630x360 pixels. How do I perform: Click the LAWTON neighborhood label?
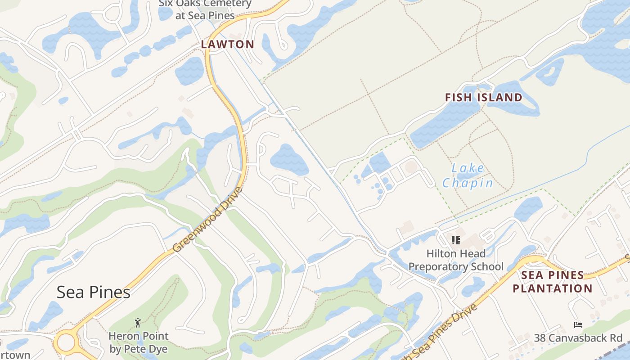(x=227, y=44)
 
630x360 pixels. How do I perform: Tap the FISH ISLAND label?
(x=483, y=97)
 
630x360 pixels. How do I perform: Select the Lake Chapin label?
(x=468, y=176)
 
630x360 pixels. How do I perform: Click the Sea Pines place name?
(x=93, y=292)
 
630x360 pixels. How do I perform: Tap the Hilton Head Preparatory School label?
(x=456, y=260)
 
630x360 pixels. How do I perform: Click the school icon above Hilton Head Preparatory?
(x=455, y=240)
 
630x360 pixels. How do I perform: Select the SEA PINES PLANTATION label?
(x=553, y=282)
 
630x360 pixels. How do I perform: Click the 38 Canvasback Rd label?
(x=578, y=338)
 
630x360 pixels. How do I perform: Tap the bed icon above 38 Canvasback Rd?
(x=578, y=325)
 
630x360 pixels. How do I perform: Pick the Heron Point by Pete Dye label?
(x=139, y=342)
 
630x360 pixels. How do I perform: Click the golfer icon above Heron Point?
(x=138, y=322)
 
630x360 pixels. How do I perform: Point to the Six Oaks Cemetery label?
(x=205, y=9)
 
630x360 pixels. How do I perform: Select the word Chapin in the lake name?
(x=468, y=183)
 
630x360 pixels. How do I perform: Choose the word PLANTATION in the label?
(x=553, y=288)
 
